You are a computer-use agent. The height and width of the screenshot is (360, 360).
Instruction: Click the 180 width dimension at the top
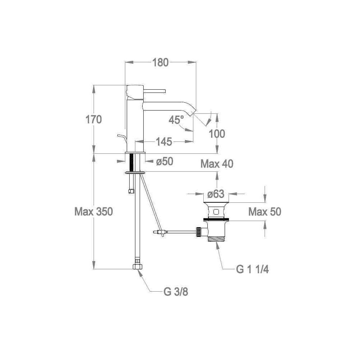point(161,62)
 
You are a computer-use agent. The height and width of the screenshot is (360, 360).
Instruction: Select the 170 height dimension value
point(94,120)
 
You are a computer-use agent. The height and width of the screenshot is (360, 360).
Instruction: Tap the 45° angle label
point(176,120)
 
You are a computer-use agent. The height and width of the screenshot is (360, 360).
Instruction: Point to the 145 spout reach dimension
point(164,141)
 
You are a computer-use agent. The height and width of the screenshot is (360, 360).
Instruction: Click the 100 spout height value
point(217,134)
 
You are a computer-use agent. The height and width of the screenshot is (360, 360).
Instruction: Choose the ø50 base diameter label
point(165,161)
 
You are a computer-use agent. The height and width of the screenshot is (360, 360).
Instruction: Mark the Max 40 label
point(217,164)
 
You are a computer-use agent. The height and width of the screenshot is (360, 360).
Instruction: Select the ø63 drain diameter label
point(216,194)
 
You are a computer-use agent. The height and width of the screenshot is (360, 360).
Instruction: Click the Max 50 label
point(265,212)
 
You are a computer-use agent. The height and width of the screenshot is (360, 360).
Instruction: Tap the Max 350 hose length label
point(94,212)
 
